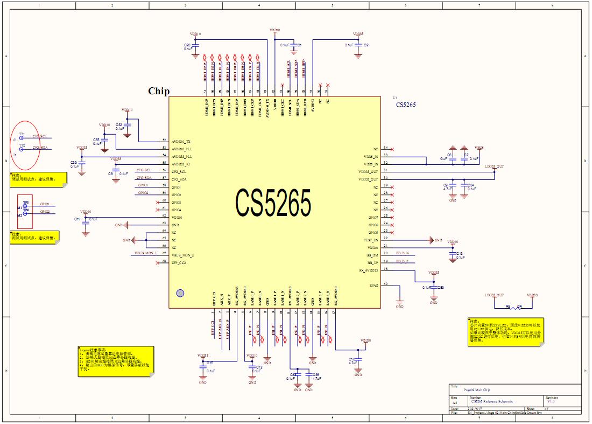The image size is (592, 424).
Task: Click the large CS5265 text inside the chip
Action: pos(273,203)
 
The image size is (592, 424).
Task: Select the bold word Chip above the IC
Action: pos(159,91)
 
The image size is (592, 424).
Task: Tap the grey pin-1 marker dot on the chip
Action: pos(180,293)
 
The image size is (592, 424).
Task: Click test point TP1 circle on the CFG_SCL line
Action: pos(22,138)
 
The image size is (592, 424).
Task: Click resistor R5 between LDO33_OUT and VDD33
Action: pos(513,308)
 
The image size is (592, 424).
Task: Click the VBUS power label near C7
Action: pos(479,147)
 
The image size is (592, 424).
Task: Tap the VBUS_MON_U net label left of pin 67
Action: pos(146,253)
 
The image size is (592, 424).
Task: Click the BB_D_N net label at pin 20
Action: pos(402,253)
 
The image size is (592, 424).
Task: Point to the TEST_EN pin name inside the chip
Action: pos(371,240)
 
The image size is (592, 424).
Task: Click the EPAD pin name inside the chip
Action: pos(373,285)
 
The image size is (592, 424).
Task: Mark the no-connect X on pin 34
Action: pos(393,149)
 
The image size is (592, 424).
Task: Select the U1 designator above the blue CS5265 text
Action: pos(396,98)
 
